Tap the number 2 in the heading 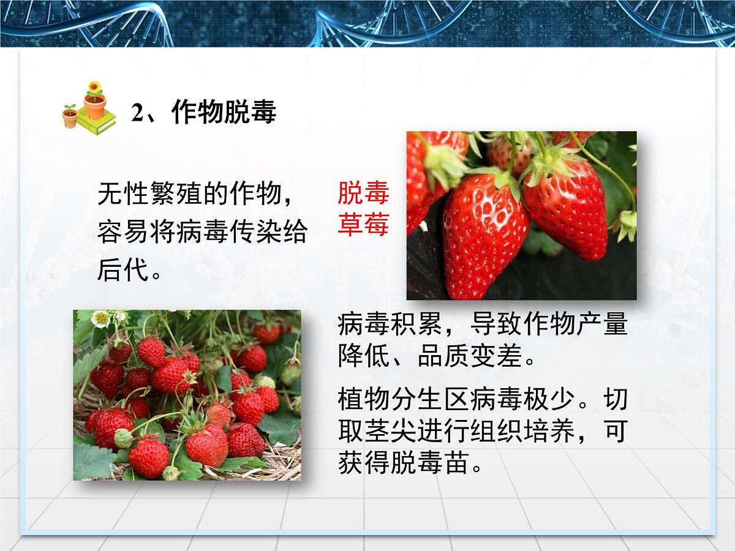coord(137,113)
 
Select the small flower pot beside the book coord(70,116)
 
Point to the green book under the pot coord(96,125)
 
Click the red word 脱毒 coord(363,193)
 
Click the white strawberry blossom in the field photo coord(100,318)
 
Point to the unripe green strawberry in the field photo coord(290,373)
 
